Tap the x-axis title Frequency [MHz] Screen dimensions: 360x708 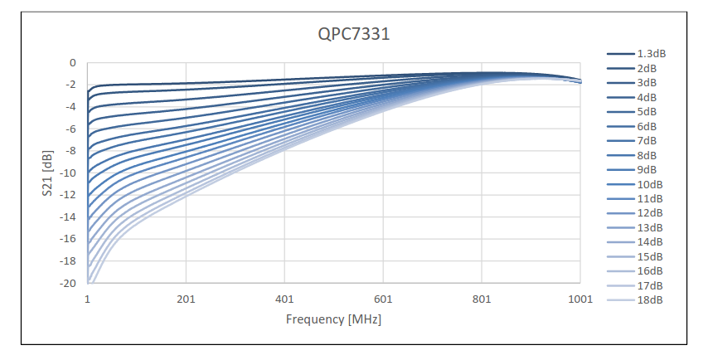[333, 319]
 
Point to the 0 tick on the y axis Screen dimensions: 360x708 [72, 63]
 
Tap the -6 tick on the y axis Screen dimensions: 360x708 [70, 129]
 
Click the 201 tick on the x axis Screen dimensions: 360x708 [186, 299]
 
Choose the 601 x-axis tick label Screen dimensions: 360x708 [383, 299]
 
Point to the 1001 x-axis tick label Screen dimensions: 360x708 [580, 299]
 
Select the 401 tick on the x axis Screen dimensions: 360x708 [284, 299]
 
